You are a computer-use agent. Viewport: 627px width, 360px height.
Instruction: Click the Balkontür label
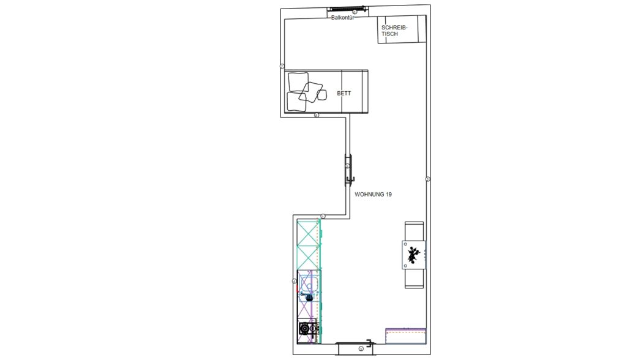[x=343, y=18]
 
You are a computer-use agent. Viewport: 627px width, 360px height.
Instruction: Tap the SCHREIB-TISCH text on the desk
[x=394, y=31]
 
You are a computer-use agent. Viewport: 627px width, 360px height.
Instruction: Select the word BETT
[x=344, y=93]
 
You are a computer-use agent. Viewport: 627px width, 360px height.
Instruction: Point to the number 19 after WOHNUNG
[x=389, y=195]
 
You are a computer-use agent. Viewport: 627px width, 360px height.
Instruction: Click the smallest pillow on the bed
[x=321, y=94]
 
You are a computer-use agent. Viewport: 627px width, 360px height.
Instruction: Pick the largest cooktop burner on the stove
[x=305, y=329]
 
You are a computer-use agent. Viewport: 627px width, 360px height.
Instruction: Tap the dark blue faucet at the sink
[x=309, y=297]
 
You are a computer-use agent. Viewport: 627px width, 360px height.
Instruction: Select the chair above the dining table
[x=414, y=231]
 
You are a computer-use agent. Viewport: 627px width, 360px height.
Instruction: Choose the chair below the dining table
[x=414, y=279]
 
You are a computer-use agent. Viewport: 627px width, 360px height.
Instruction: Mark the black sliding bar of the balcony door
[x=345, y=8]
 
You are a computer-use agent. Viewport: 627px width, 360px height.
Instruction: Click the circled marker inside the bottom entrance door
[x=361, y=349]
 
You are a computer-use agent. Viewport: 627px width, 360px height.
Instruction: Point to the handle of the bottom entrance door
[x=370, y=342]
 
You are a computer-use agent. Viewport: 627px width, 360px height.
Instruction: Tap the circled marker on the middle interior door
[x=348, y=166]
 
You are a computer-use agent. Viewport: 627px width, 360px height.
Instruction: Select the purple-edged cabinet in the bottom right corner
[x=405, y=336]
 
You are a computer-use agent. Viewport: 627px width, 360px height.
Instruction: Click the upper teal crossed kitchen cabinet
[x=309, y=231]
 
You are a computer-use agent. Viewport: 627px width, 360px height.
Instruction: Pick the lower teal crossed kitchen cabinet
[x=309, y=257]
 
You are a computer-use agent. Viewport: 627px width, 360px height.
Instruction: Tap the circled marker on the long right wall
[x=427, y=179]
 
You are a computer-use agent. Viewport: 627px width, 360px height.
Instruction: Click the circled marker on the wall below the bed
[x=317, y=115]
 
